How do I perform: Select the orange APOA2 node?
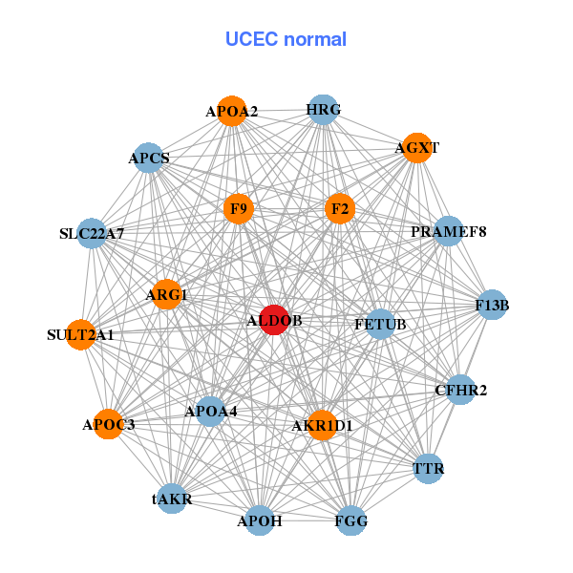[x=231, y=112]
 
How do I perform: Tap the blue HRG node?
[x=323, y=110]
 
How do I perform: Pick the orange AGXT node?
[x=415, y=148]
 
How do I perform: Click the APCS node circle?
[x=149, y=158]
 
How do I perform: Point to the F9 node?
[x=239, y=208]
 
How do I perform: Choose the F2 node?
[x=340, y=208]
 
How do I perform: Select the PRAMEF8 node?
[x=448, y=231]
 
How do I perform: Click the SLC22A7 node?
[x=92, y=233]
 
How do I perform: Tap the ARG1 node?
[x=166, y=295]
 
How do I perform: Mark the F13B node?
[x=492, y=306]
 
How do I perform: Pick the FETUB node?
[x=380, y=325]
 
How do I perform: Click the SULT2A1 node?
[x=81, y=334]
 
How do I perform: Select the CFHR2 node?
[x=460, y=390]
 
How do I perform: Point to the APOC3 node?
[x=109, y=424]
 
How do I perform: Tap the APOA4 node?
[x=211, y=413]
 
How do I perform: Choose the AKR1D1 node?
[x=322, y=425]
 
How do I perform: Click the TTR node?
[x=428, y=468]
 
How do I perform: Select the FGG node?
[x=350, y=520]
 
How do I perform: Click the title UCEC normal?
[x=286, y=39]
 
